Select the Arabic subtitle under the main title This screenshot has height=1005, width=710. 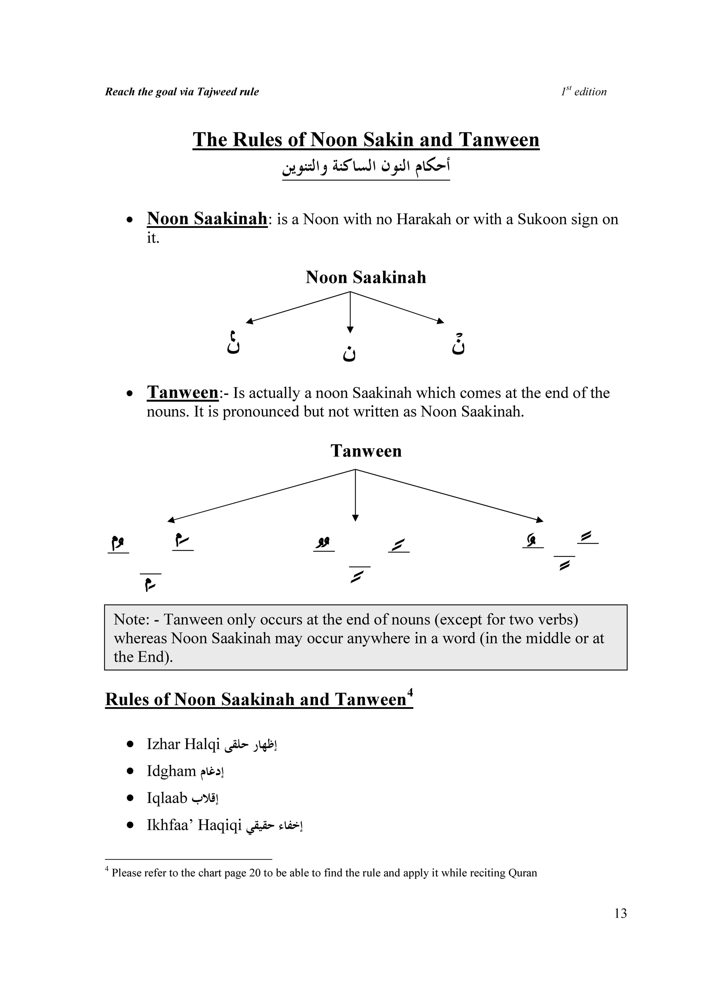pyautogui.click(x=366, y=167)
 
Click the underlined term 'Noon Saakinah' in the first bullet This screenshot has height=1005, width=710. pyautogui.click(x=207, y=218)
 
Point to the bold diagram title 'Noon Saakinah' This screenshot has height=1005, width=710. pyautogui.click(x=366, y=277)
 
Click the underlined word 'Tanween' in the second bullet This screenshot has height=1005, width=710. pyautogui.click(x=182, y=392)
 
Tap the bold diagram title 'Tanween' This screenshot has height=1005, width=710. pyautogui.click(x=366, y=451)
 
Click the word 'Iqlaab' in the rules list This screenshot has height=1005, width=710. pyautogui.click(x=167, y=798)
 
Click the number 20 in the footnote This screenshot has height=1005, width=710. pyautogui.click(x=254, y=873)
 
